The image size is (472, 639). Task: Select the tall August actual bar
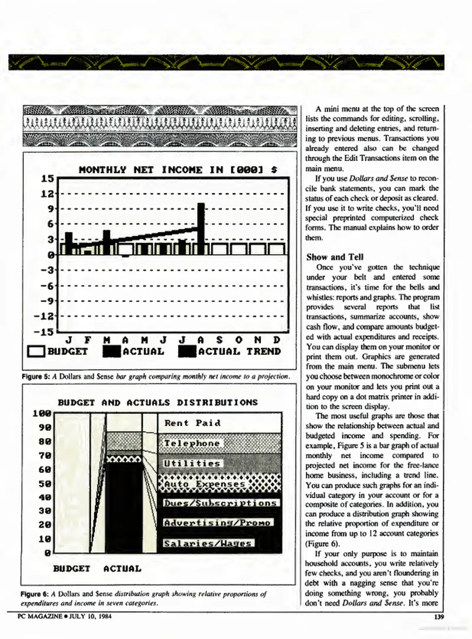tap(201, 228)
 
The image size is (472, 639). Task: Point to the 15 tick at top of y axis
tap(47, 178)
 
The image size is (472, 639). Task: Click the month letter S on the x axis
tap(219, 340)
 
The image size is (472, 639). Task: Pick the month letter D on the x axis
tap(276, 340)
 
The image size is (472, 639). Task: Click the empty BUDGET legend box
tap(36, 352)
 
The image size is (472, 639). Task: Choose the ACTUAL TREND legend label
tap(239, 351)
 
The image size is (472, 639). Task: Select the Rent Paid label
tap(192, 423)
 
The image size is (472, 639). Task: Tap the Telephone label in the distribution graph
tap(192, 443)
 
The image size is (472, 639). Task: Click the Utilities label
tap(192, 463)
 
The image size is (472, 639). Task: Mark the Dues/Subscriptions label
tap(220, 503)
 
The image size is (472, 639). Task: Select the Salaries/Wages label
tap(208, 543)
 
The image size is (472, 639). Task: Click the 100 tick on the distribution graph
tap(42, 413)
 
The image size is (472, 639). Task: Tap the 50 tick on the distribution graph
tap(45, 484)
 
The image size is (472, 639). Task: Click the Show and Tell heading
tap(335, 257)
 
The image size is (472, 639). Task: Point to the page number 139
tap(439, 617)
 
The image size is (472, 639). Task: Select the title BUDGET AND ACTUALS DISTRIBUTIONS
tap(158, 403)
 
